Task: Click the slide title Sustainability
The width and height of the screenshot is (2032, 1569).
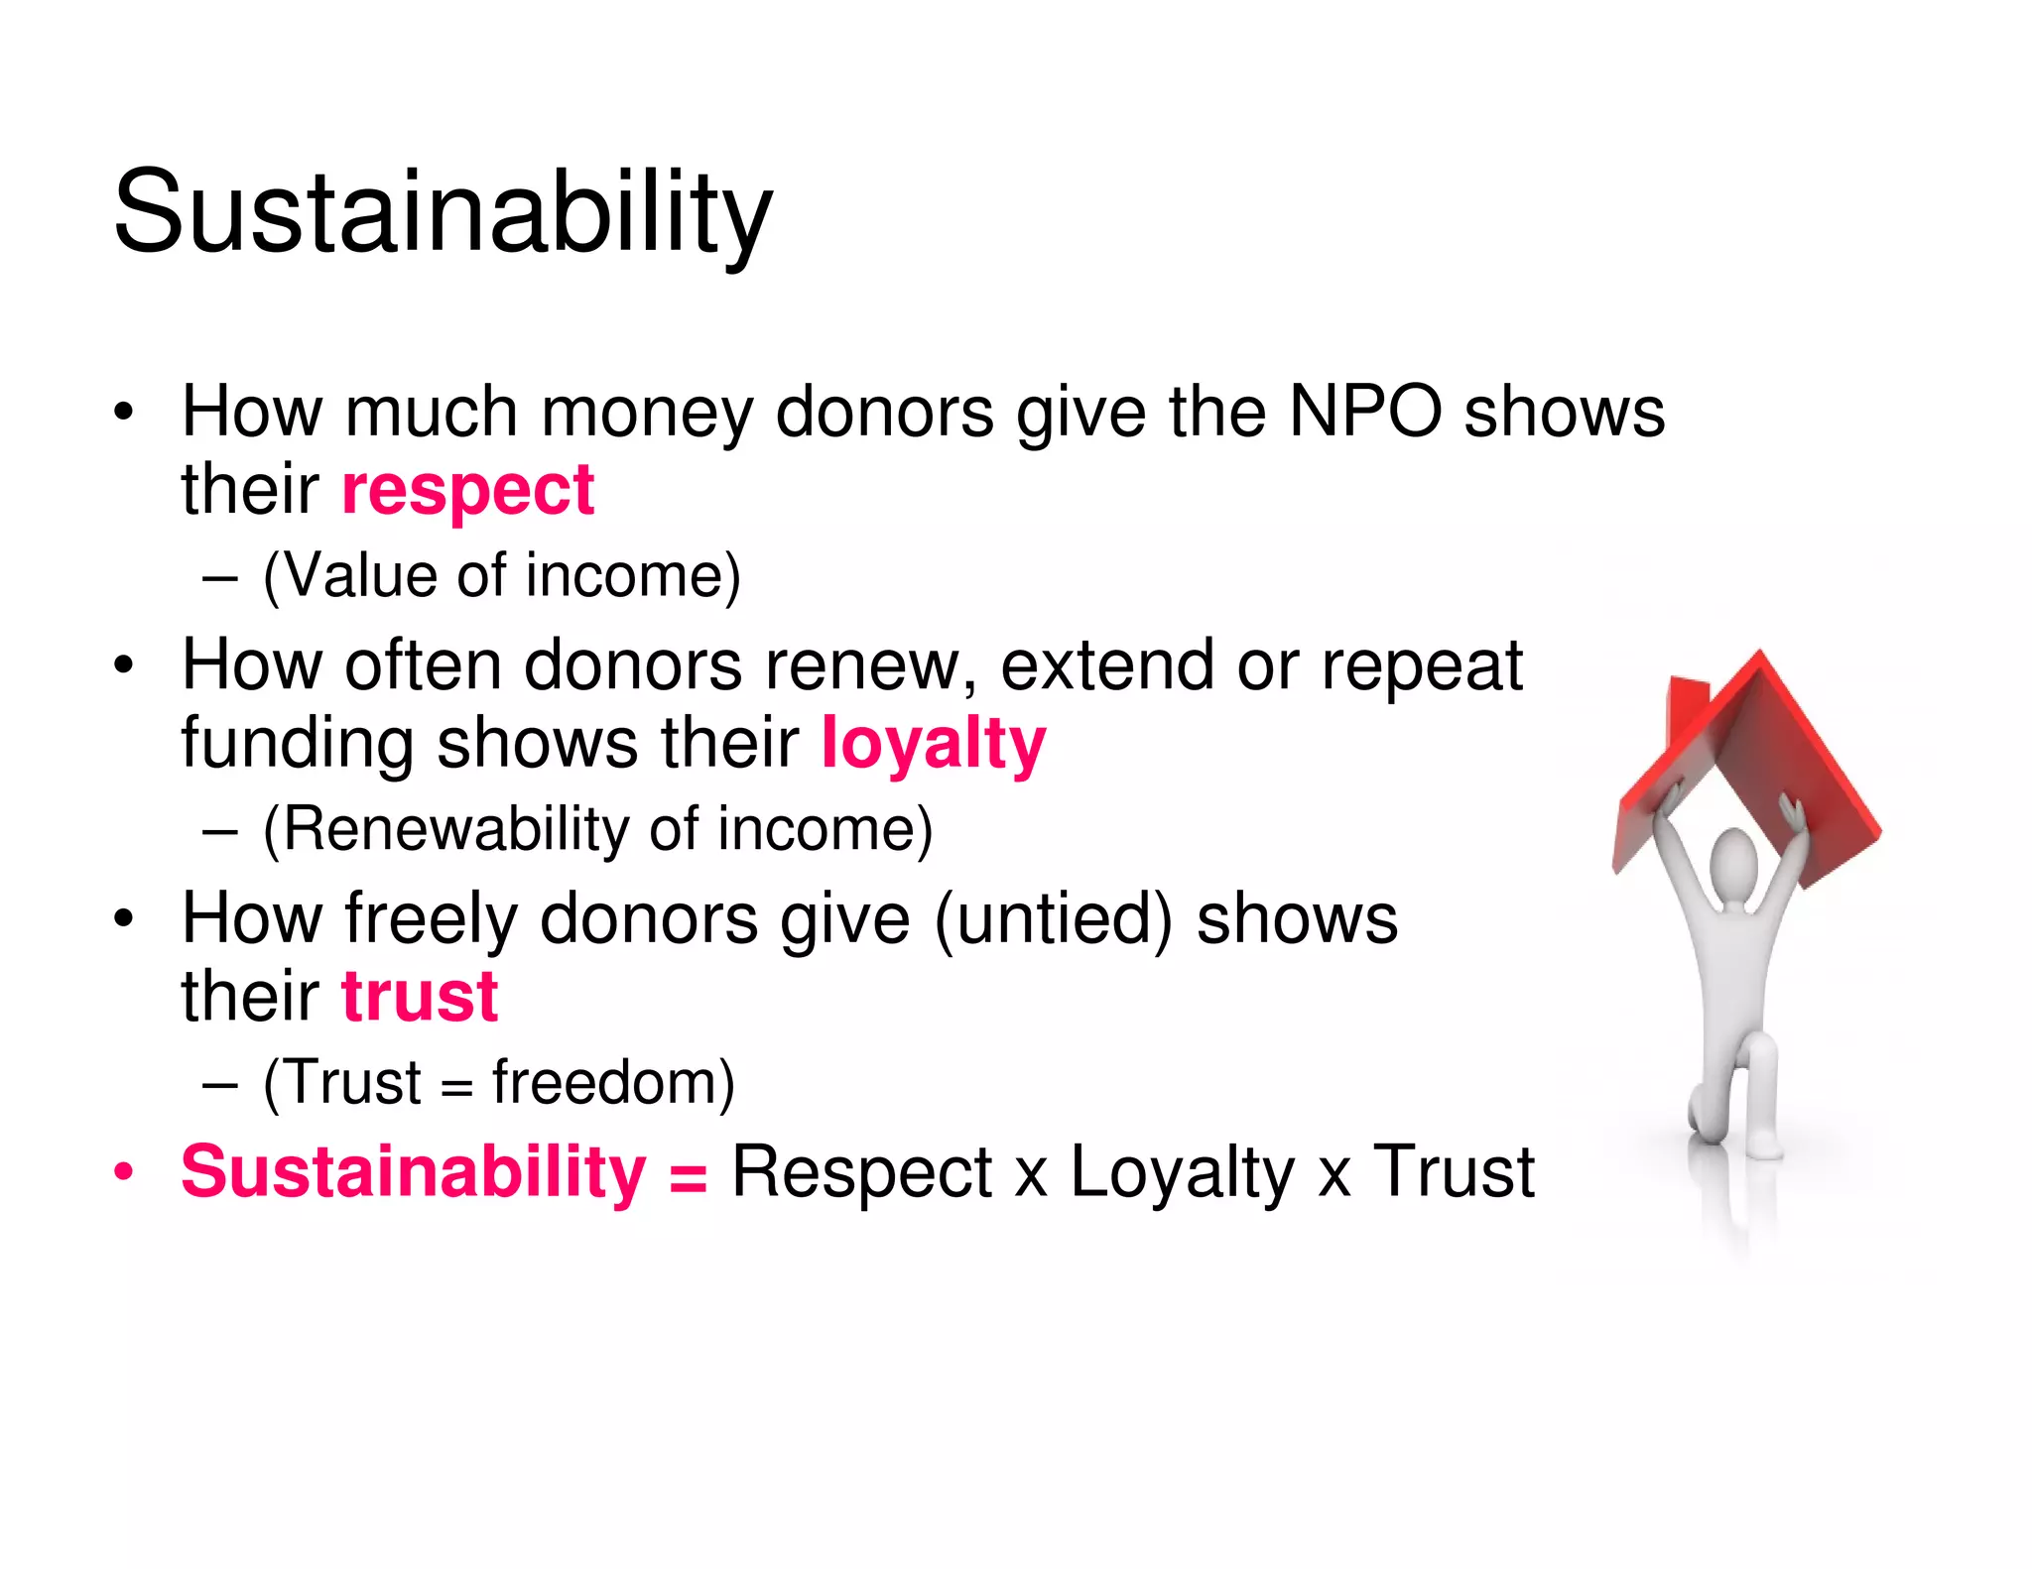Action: click(x=443, y=211)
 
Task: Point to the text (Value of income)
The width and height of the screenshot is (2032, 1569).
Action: click(x=501, y=575)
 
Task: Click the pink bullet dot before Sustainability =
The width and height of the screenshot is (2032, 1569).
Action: click(x=123, y=1172)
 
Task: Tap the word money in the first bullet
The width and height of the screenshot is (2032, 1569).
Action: click(x=647, y=413)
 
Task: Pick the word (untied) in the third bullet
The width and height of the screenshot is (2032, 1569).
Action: click(x=1054, y=919)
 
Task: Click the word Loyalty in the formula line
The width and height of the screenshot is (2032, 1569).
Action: click(x=1182, y=1172)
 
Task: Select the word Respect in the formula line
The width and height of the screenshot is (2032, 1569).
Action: click(x=861, y=1172)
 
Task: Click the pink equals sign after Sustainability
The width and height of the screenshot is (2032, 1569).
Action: click(x=688, y=1177)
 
